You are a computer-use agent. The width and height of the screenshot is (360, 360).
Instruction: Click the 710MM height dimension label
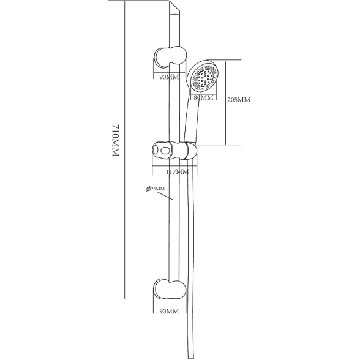coord(116,140)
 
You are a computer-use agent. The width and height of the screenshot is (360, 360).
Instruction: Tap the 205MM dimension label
coord(239,100)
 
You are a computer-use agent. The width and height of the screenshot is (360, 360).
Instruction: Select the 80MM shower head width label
coord(203,97)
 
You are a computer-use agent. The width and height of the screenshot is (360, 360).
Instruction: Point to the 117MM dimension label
coord(178,171)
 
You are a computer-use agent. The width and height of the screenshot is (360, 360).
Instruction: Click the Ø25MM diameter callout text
coord(156,189)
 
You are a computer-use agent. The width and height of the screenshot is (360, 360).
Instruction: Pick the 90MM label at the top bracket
coord(169,77)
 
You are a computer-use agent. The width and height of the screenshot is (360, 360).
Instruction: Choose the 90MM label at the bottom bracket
coord(169,311)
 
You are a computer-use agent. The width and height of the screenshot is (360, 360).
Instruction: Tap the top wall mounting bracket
coord(170,58)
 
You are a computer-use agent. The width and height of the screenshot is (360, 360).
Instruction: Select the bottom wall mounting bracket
coord(170,289)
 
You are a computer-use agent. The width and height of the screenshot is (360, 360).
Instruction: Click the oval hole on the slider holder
coord(165,151)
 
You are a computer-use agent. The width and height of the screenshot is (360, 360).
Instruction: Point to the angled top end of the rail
coord(174,8)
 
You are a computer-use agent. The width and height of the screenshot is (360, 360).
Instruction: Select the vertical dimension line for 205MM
coord(226,103)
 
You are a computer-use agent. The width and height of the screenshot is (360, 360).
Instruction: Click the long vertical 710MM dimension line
coord(125,149)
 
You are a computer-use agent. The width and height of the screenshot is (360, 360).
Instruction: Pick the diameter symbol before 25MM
coord(148,189)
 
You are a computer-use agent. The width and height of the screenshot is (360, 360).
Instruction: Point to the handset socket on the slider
coord(190,151)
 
